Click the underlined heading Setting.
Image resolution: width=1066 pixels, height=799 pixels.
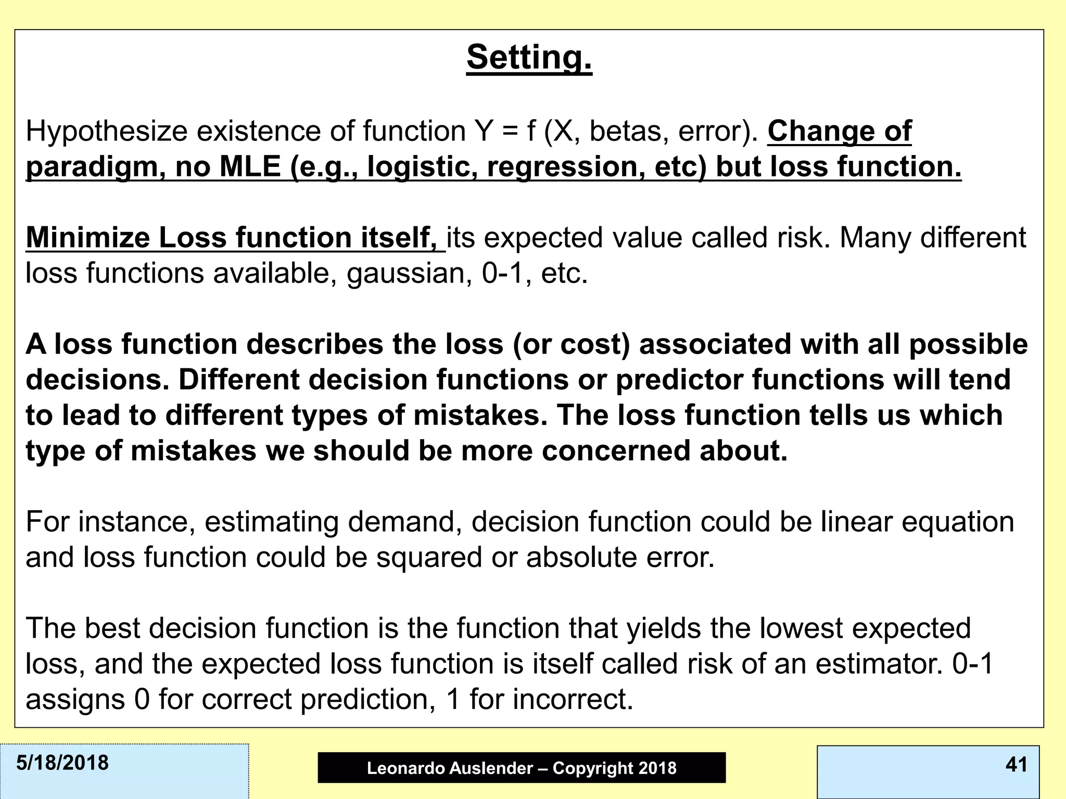pyautogui.click(x=529, y=57)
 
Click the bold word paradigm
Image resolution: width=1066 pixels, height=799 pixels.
pyautogui.click(x=92, y=167)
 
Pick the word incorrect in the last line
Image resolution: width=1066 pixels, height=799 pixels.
pyautogui.click(x=573, y=699)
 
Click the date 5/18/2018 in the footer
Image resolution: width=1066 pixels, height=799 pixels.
pyautogui.click(x=62, y=763)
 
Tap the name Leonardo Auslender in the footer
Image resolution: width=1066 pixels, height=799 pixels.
pyautogui.click(x=450, y=768)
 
